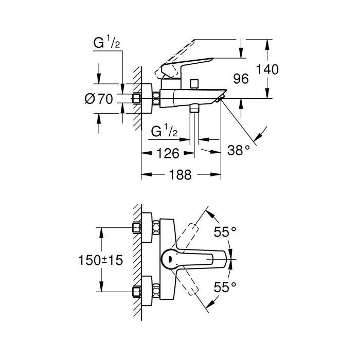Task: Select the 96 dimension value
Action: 241,79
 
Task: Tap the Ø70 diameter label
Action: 98,99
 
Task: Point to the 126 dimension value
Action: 168,153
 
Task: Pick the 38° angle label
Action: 239,150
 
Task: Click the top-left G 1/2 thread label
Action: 107,45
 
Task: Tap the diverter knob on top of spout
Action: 194,83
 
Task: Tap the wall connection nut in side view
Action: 138,99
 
